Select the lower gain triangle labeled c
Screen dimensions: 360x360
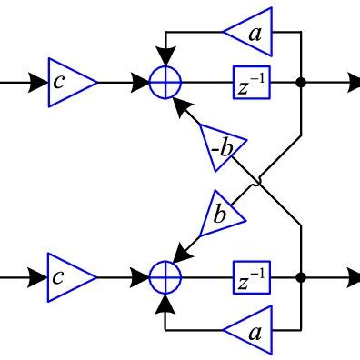68,276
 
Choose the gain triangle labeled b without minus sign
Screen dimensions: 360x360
222,215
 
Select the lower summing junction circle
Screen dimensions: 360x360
165,276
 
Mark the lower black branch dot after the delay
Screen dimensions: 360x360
300,276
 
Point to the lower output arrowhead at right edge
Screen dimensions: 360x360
349,276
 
